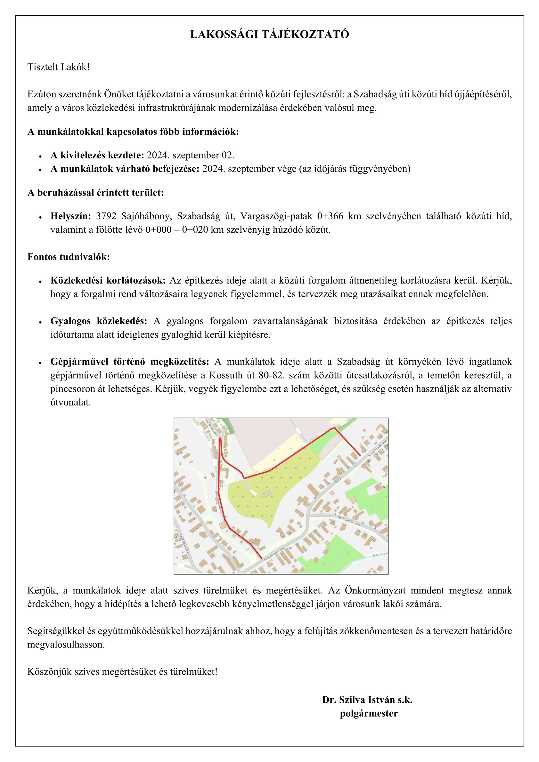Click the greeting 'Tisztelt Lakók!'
tap(59, 68)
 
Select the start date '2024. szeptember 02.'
tap(190, 155)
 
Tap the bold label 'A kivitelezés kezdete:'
tap(97, 155)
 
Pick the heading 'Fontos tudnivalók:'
tap(69, 257)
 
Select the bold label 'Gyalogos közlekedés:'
tap(99, 321)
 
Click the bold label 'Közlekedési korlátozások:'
tap(108, 280)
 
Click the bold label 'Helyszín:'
tap(71, 216)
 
